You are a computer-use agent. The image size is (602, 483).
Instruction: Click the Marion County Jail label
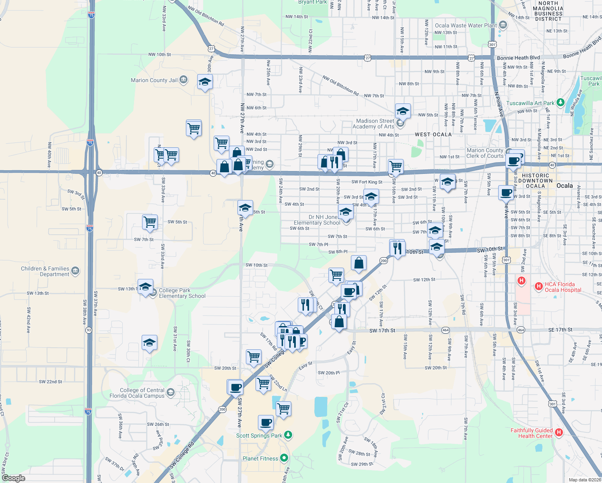click(x=154, y=80)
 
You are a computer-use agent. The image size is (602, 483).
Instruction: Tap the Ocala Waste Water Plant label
click(x=466, y=25)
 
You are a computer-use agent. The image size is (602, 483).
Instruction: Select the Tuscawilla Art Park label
click(x=530, y=103)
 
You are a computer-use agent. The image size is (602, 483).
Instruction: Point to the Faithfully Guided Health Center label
click(x=532, y=433)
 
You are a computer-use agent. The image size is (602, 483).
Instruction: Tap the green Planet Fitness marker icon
click(x=284, y=458)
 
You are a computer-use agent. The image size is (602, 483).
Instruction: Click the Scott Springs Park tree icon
click(x=288, y=435)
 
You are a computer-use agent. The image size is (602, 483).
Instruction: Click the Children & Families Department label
click(x=45, y=271)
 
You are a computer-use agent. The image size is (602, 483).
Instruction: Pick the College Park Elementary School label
click(x=182, y=293)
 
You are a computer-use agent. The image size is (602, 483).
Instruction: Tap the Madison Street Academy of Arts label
click(x=375, y=124)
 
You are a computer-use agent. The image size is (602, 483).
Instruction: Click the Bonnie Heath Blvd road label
click(x=518, y=58)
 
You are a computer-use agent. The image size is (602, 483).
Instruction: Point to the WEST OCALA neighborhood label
click(x=433, y=134)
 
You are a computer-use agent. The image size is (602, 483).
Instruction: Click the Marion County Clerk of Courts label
click(x=485, y=153)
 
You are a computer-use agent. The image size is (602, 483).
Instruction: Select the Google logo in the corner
click(x=14, y=478)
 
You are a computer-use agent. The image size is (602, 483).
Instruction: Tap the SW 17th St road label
click(x=382, y=330)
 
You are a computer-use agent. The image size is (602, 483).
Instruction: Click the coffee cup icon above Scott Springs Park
click(x=266, y=422)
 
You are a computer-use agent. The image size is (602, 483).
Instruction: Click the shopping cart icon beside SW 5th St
click(x=150, y=222)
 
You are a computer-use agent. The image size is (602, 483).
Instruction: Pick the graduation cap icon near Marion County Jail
click(x=205, y=82)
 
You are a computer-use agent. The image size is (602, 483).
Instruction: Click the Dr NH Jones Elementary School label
click(x=317, y=220)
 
